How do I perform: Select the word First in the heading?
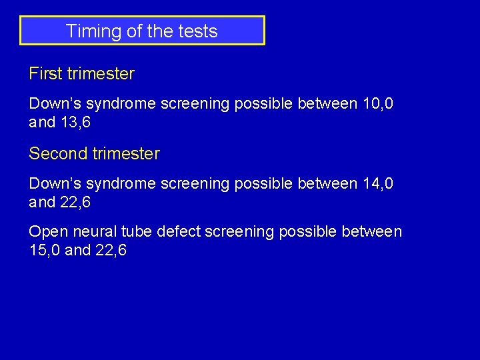pos(45,74)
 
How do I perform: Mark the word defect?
pos(179,231)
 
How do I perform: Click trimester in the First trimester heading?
pos(101,74)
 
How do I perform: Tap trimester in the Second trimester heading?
pos(127,154)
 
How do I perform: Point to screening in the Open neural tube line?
pos(239,231)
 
